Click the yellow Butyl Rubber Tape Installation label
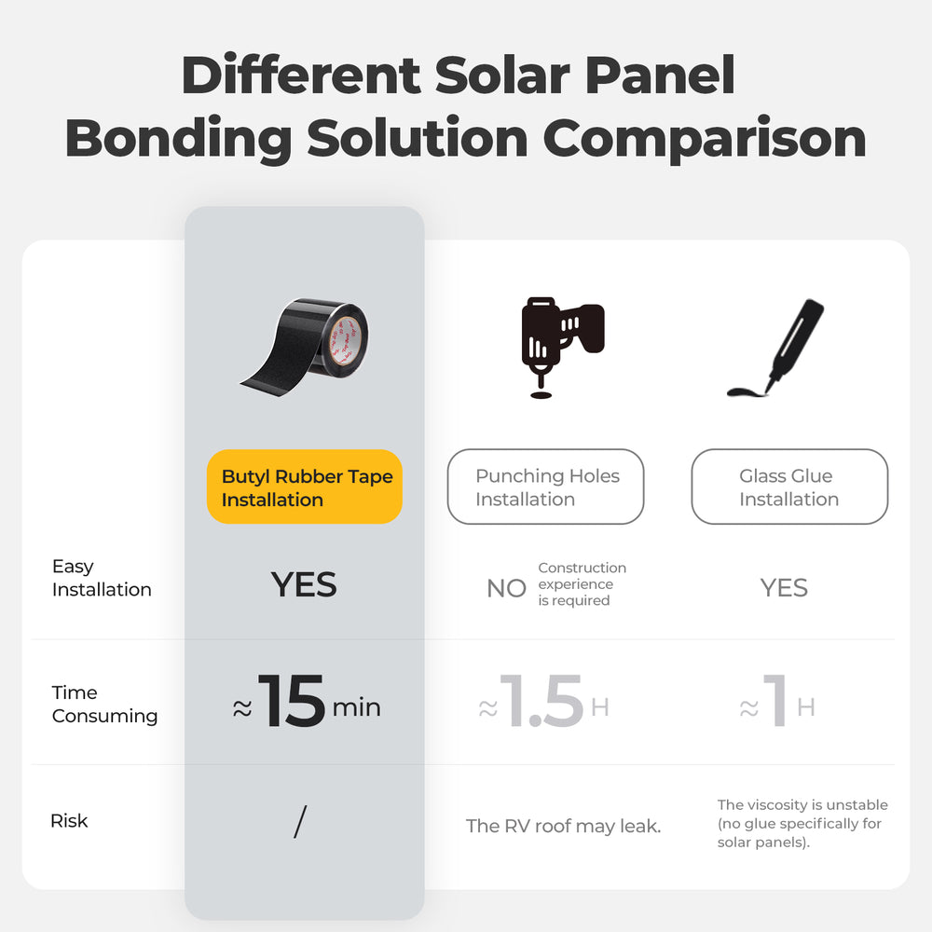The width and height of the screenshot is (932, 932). [305, 487]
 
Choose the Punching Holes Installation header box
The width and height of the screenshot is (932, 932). [546, 487]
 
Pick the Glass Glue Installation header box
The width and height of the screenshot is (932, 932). [789, 487]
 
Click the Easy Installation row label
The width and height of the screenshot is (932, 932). [101, 578]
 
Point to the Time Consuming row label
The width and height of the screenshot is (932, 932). [104, 705]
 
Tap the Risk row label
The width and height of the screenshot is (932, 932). [69, 821]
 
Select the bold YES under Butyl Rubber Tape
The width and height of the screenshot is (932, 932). [304, 585]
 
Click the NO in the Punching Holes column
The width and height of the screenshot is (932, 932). [506, 588]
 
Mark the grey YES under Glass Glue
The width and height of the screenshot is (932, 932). [784, 587]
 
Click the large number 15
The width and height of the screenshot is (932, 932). [292, 703]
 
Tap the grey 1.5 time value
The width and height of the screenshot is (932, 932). [541, 703]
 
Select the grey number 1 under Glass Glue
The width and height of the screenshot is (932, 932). [774, 703]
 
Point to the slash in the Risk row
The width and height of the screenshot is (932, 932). [300, 821]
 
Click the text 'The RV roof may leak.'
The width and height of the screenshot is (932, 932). [563, 826]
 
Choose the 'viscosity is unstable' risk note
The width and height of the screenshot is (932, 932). [802, 823]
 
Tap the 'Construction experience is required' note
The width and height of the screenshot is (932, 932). [582, 584]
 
